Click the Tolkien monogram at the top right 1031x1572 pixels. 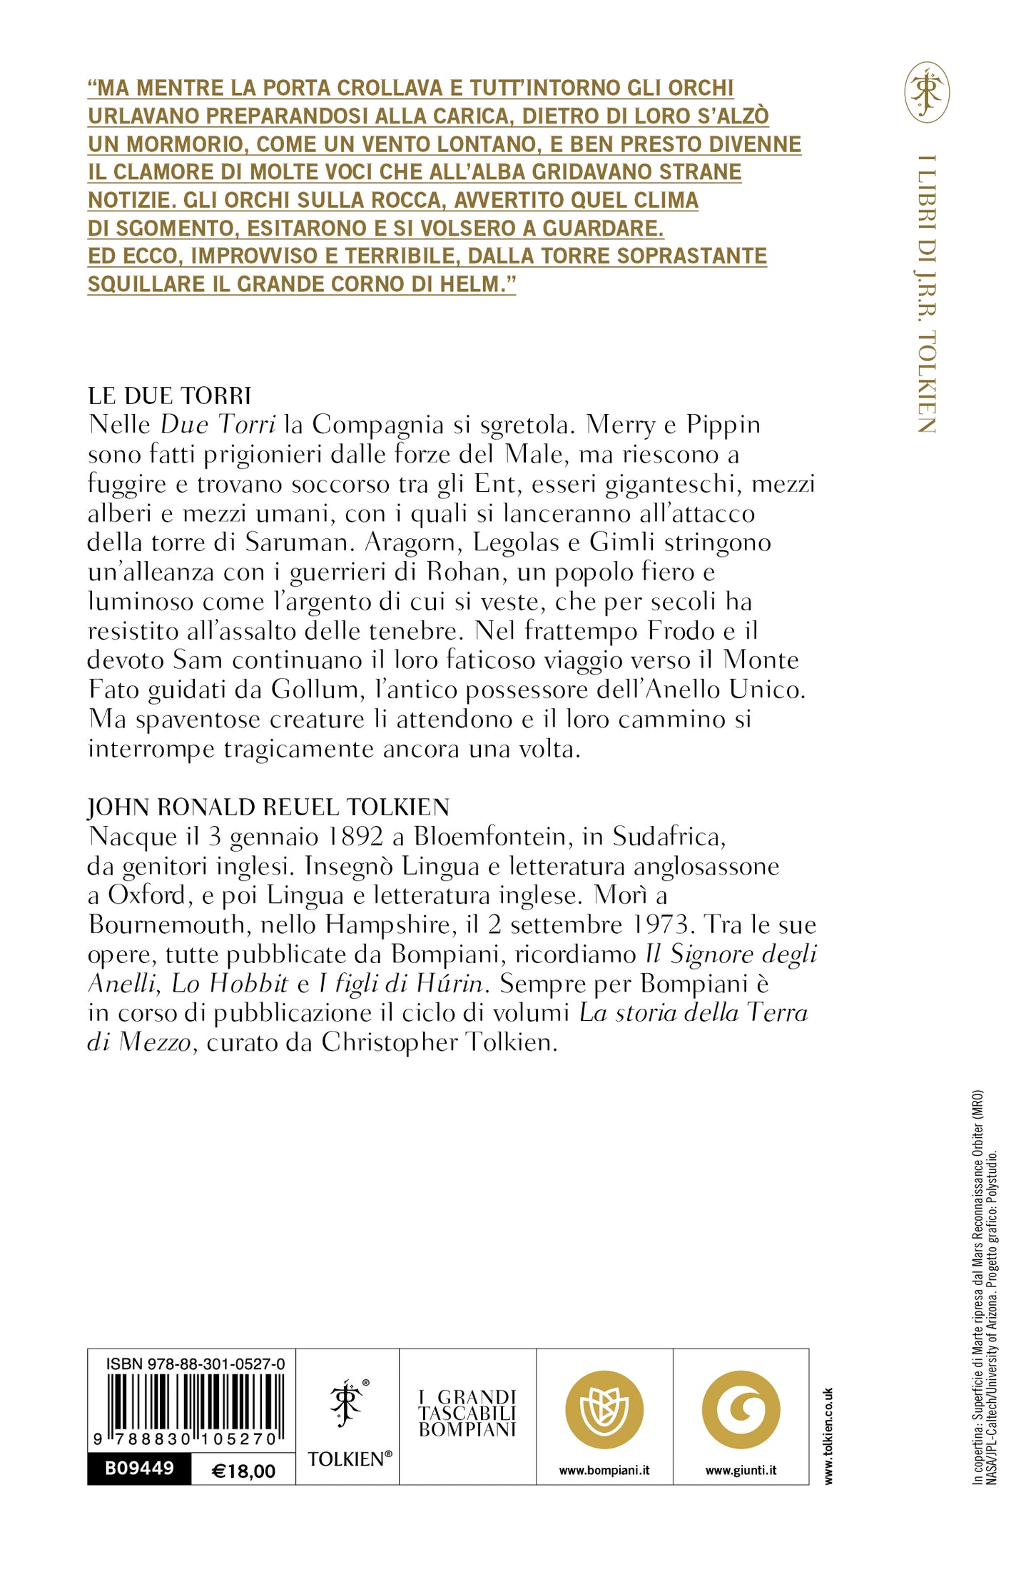[x=927, y=92]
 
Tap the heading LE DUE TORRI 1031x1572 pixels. [x=170, y=395]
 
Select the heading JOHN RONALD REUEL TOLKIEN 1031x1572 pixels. [x=268, y=807]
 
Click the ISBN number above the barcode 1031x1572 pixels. [x=195, y=1364]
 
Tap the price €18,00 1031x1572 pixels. [x=243, y=1471]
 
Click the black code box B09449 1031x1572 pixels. [x=139, y=1468]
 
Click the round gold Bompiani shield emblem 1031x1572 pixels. [x=604, y=1410]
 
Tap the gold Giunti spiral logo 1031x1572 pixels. [x=741, y=1410]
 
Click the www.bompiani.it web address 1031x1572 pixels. [x=604, y=1471]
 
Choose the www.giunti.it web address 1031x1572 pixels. [x=741, y=1471]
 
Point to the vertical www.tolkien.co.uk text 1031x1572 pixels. [x=828, y=1436]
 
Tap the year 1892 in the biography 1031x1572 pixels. [x=352, y=836]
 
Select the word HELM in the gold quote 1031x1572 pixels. [x=473, y=283]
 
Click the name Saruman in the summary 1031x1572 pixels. [x=300, y=543]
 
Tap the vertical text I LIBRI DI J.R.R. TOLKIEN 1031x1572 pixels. [x=926, y=293]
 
